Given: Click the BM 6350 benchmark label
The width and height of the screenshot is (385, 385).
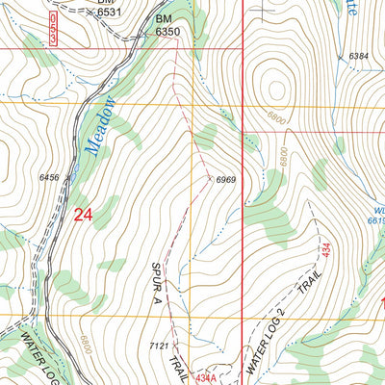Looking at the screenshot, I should coord(167,25).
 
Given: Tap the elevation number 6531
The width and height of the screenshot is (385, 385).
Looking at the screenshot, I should coord(110,12).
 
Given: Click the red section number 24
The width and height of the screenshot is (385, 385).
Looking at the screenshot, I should coord(83,215).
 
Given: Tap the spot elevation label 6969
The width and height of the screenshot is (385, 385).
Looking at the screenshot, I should coord(226,180).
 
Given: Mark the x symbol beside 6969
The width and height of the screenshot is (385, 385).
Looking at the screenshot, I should coord(209,177).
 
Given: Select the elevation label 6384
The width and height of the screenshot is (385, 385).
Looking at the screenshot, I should coord(359,57).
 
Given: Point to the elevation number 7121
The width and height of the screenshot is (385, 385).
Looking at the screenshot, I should coord(160,346).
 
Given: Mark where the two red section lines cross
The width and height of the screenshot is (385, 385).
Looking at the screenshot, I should coord(242,47).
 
